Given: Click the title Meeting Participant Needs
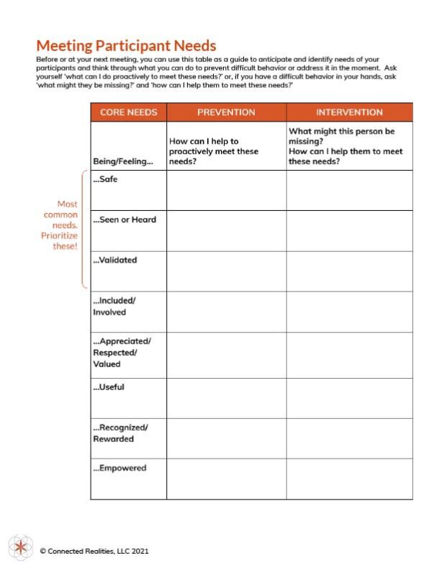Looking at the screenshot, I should point(126,46).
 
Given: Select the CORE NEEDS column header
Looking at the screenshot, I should point(128,112).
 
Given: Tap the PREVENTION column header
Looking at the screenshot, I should point(226,112).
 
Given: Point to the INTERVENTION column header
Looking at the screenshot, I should point(349,112).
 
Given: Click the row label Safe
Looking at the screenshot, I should point(106,179).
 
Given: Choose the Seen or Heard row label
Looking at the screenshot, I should point(125,220).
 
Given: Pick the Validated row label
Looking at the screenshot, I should point(115,260).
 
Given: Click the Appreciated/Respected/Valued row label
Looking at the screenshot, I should point(122,352).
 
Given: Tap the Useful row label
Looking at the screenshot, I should point(109,387).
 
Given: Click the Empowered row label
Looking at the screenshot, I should point(119,468).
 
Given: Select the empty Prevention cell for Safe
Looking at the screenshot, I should point(226,190).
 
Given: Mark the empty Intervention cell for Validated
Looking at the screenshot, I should point(349,271).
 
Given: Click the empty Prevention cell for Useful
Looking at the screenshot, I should point(226,398).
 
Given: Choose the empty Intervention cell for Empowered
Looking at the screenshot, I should point(349,479).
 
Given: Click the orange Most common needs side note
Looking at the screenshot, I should point(60,225).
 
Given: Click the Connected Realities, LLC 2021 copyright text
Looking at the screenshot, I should point(95,551).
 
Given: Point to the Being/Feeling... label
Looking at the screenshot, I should point(123,161).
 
